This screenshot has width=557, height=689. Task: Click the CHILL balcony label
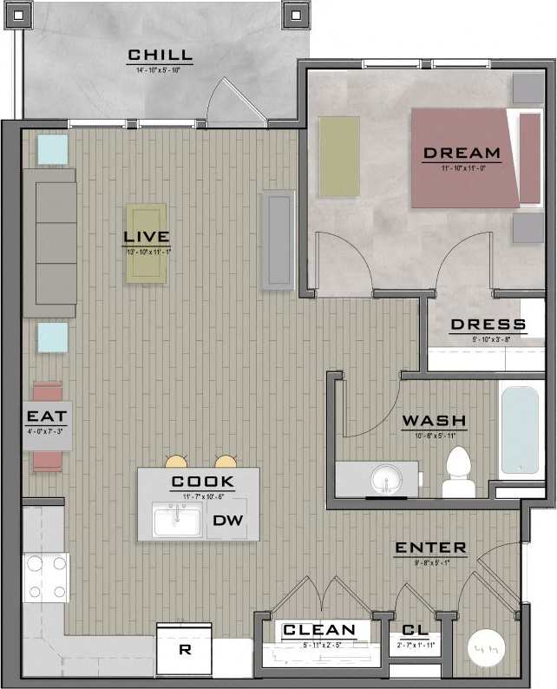pyautogui.click(x=161, y=56)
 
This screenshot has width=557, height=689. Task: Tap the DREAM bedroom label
pyautogui.click(x=462, y=154)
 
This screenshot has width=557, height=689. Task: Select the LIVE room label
pyautogui.click(x=146, y=236)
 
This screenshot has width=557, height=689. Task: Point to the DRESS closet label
pyautogui.click(x=488, y=325)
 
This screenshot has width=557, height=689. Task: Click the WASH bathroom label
pyautogui.click(x=434, y=422)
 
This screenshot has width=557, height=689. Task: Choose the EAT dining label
pyautogui.click(x=47, y=417)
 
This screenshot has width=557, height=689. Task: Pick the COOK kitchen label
pyautogui.click(x=202, y=482)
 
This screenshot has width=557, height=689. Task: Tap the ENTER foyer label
pyautogui.click(x=430, y=548)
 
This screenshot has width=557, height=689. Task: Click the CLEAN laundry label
pyautogui.click(x=319, y=630)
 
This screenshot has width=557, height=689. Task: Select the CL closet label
pyautogui.click(x=413, y=630)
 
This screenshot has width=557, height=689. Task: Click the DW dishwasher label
pyautogui.click(x=227, y=521)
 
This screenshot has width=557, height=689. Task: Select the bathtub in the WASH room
pyautogui.click(x=521, y=429)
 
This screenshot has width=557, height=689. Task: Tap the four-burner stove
pyautogui.click(x=48, y=577)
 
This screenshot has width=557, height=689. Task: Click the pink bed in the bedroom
pyautogui.click(x=466, y=158)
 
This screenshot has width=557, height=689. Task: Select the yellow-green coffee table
pyautogui.click(x=146, y=243)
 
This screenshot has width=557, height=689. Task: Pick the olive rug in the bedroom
pyautogui.click(x=338, y=157)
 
